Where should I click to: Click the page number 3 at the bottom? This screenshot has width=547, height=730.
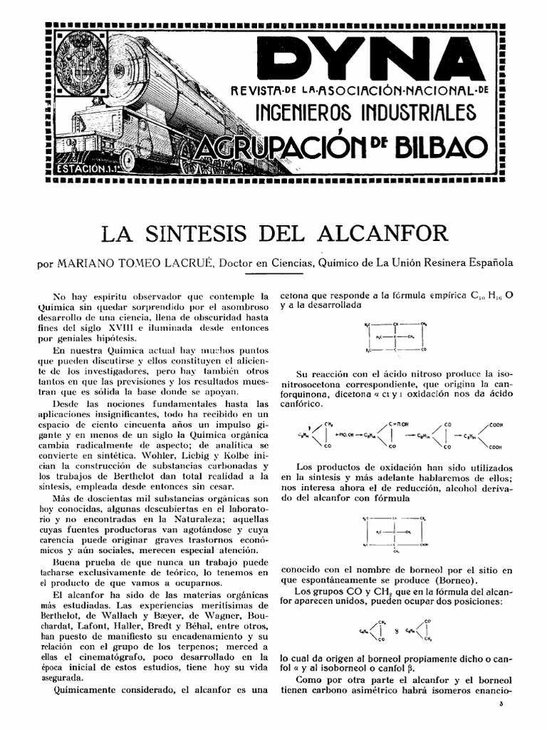501,704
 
